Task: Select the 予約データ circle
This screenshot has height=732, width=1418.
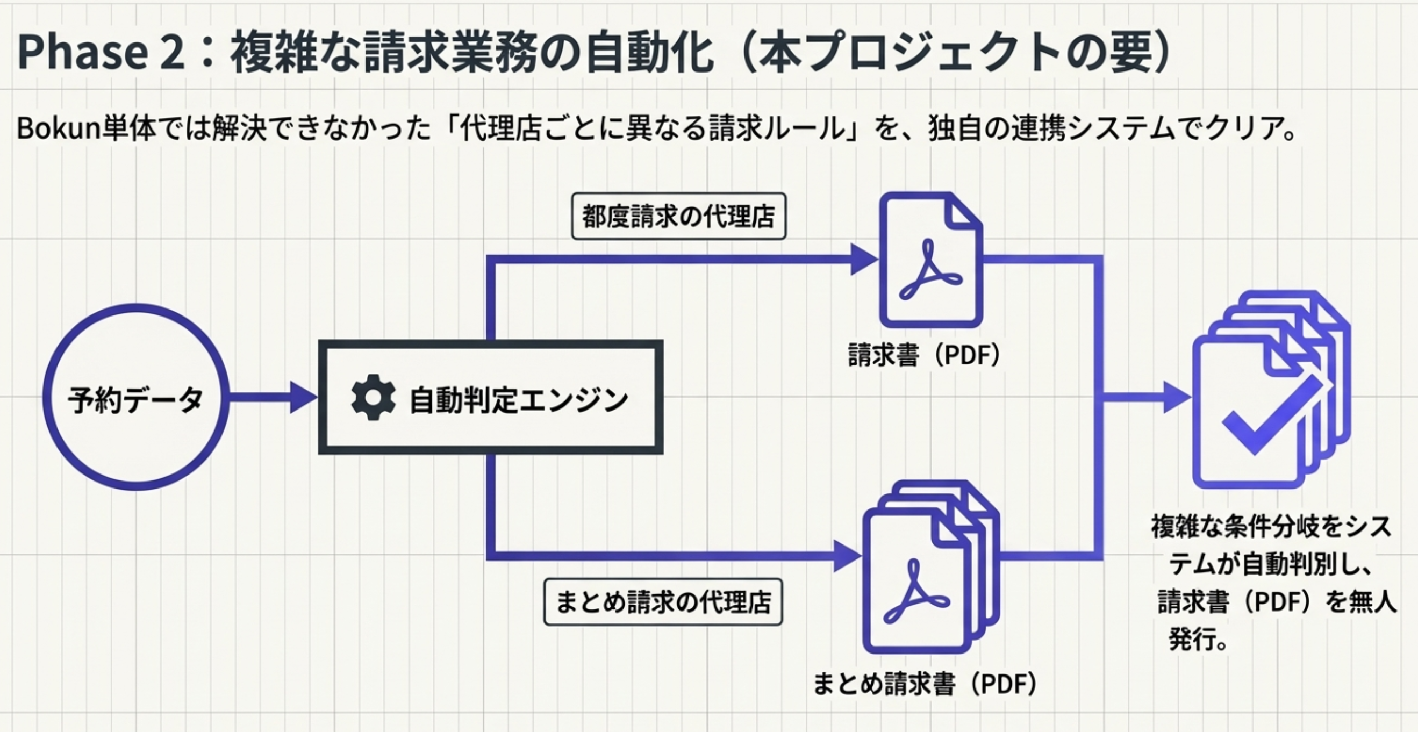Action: (136, 397)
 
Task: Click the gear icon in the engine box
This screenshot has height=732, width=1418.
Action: (373, 397)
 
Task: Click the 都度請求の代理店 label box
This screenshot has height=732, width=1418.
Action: (679, 216)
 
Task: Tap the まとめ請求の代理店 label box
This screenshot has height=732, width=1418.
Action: (663, 601)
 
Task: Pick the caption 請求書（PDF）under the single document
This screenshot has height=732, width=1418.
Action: (924, 355)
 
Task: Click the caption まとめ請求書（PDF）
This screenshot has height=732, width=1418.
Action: (925, 684)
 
